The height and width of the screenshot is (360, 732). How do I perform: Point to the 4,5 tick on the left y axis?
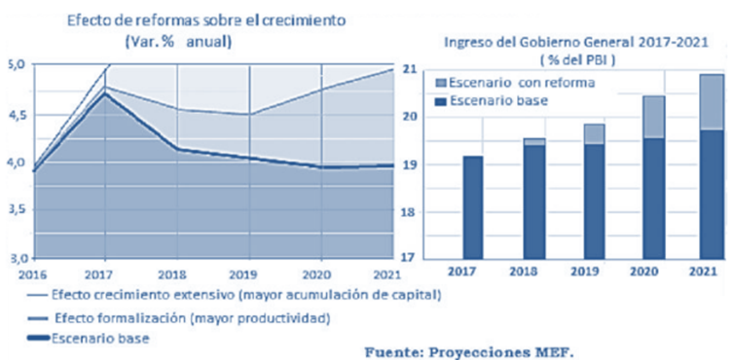pyautogui.click(x=17, y=113)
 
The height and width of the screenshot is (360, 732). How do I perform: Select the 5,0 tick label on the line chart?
pyautogui.click(x=17, y=65)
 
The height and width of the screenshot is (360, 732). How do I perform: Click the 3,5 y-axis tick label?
pyautogui.click(x=17, y=209)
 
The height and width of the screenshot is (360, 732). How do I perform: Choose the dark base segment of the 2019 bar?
pyautogui.click(x=594, y=199)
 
